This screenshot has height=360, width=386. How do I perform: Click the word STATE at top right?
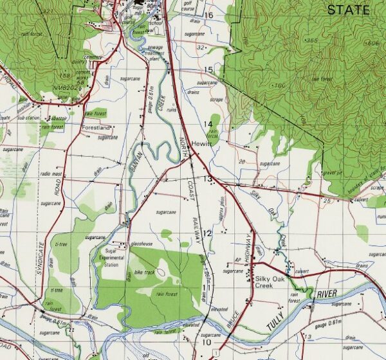click(x=348, y=10)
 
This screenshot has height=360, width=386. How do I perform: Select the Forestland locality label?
click(x=96, y=128)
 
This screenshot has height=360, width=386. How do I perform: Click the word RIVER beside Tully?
click(x=327, y=294)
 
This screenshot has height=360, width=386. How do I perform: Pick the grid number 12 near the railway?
click(x=207, y=233)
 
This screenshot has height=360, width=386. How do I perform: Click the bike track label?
click(x=145, y=273)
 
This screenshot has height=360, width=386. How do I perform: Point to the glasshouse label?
click(x=141, y=244)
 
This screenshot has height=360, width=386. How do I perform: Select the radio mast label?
click(x=51, y=174)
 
